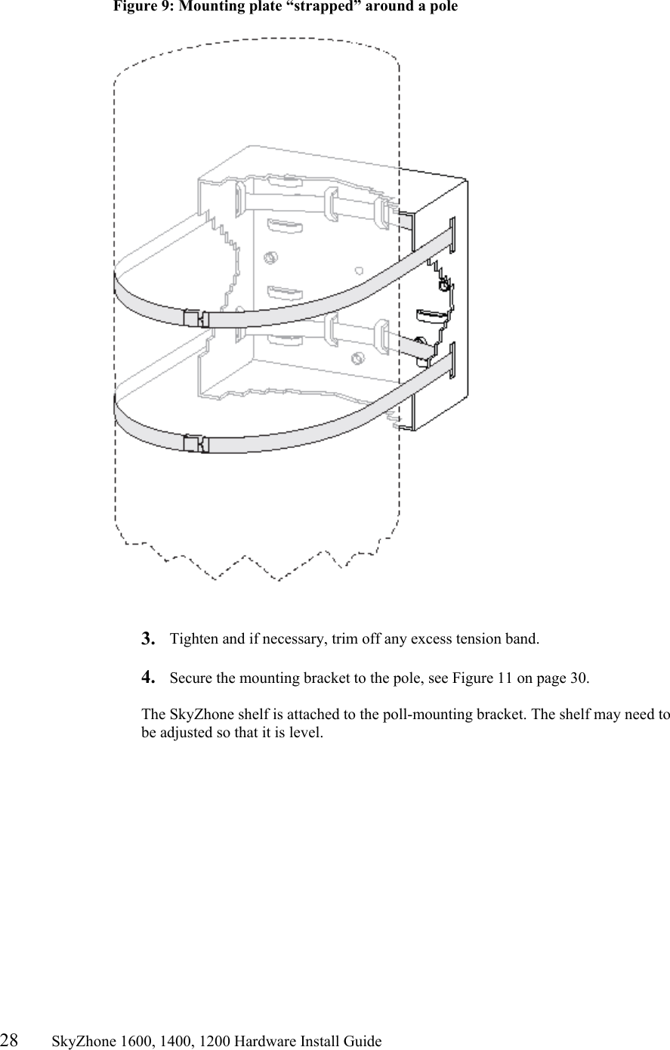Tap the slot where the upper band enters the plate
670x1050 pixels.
452,234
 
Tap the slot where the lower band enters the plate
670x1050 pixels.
452,360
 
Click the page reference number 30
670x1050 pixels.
579,678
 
